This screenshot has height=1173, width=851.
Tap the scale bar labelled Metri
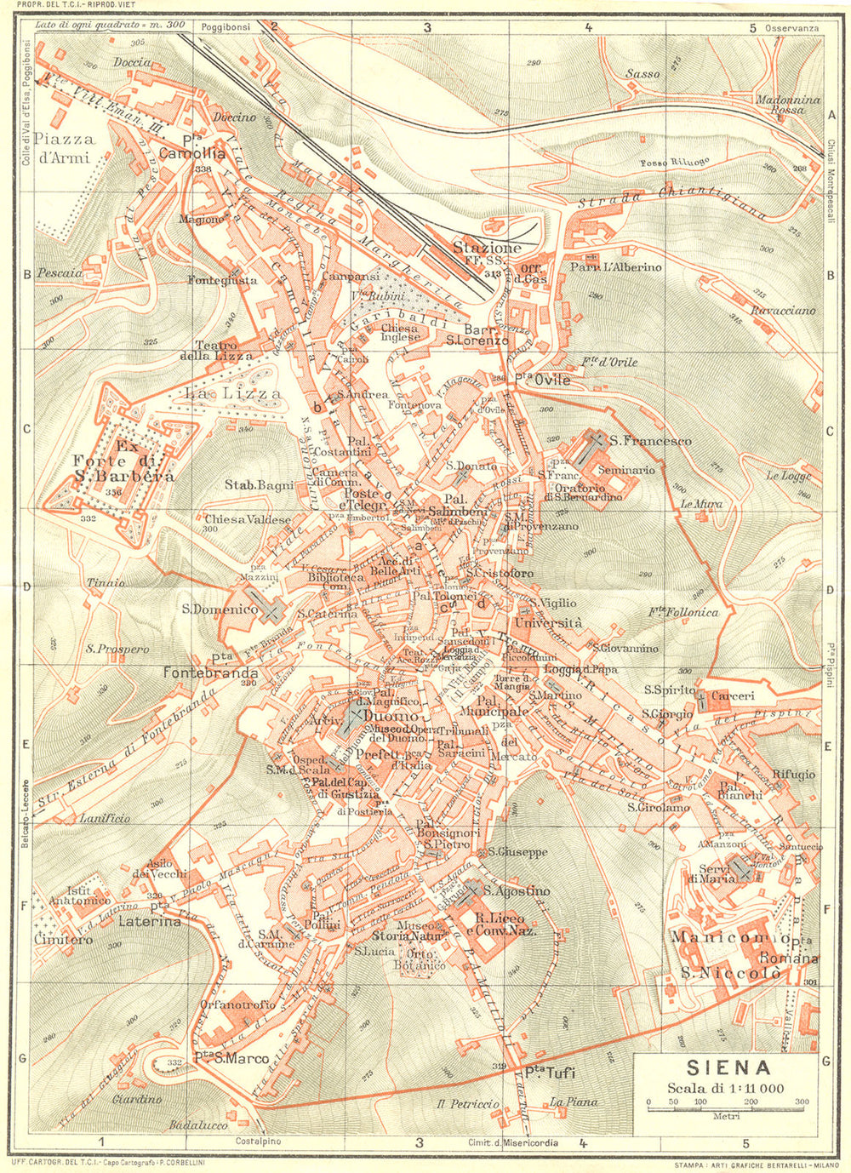click(724, 1103)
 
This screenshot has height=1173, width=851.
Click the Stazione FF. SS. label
click(486, 252)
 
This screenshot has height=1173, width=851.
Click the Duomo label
click(390, 717)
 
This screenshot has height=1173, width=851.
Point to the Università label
click(549, 623)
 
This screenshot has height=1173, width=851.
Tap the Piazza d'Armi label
click(65, 146)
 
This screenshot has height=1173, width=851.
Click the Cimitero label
click(63, 940)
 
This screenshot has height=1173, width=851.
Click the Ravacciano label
click(783, 311)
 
